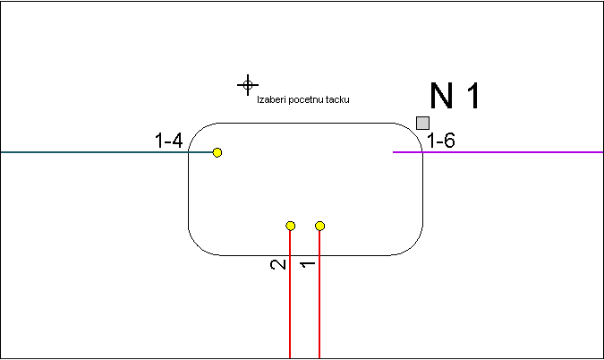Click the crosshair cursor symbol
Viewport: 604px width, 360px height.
click(x=248, y=85)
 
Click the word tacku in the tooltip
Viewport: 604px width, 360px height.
click(x=337, y=99)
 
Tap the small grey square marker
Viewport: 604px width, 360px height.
click(x=422, y=123)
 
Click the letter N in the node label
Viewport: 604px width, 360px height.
click(x=441, y=96)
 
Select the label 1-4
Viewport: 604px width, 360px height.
click(x=168, y=141)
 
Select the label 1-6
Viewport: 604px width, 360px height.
click(x=441, y=141)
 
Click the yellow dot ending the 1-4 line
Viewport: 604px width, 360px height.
click(x=217, y=152)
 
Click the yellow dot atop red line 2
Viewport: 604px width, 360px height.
click(x=291, y=226)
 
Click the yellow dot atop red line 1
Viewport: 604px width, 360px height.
click(x=319, y=226)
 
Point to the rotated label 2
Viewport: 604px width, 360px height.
click(x=278, y=265)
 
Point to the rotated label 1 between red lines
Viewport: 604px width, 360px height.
click(x=308, y=264)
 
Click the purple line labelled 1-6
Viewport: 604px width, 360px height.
click(x=498, y=152)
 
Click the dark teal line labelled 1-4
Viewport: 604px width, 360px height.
click(x=106, y=152)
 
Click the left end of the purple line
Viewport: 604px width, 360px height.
click(x=393, y=152)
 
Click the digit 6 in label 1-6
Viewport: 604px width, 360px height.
click(x=449, y=141)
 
